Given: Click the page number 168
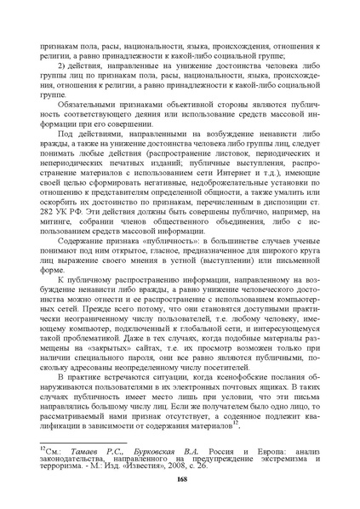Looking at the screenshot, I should point(180,479).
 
